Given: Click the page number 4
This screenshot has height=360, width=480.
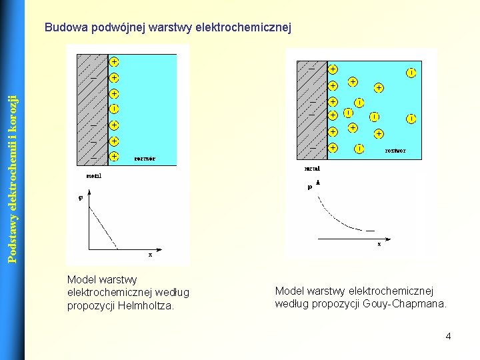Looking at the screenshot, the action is (448, 336).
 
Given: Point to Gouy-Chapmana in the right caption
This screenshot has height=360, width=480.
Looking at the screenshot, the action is (405, 304).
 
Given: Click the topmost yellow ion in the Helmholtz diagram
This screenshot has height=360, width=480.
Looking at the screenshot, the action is (114, 62).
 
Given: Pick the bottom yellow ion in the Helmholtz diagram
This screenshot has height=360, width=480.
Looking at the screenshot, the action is (114, 156).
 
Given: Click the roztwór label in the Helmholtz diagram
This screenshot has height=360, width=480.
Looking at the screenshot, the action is (145, 159).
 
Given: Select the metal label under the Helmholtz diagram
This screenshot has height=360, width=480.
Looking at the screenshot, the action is (95, 176).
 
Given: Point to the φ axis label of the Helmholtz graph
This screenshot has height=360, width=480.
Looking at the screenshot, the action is (81, 197).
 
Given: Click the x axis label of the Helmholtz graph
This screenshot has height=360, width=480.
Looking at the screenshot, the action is (150, 254).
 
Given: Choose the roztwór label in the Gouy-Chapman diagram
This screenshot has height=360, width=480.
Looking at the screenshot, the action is (395, 151).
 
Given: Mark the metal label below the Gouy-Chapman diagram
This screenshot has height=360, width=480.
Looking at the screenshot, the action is (312, 169).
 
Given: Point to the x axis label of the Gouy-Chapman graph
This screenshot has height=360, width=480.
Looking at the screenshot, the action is (379, 244).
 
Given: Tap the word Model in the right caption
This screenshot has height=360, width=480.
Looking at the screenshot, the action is (289, 291).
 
